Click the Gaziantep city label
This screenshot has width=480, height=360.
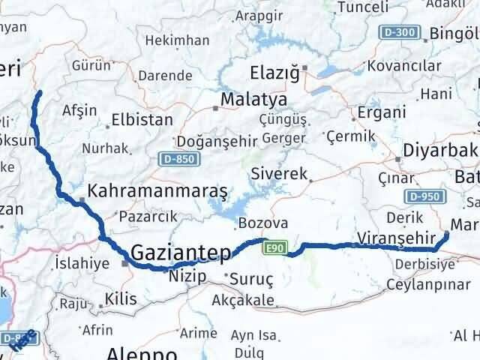click(x=181, y=253)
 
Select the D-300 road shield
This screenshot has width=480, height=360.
click(x=403, y=32)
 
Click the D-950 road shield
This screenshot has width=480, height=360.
click(x=422, y=196)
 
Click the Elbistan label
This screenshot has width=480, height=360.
click(x=142, y=119)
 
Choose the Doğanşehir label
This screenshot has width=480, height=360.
click(x=217, y=141)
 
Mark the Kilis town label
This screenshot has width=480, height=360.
click(x=121, y=298)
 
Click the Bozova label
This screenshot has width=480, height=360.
click(x=263, y=223)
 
